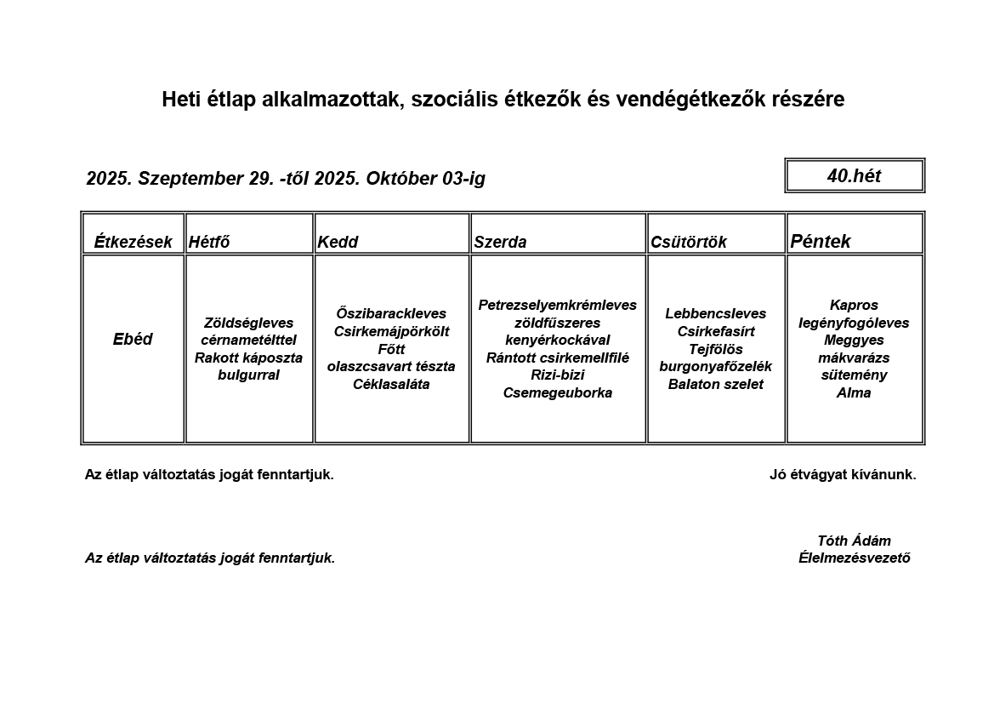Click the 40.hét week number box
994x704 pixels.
pyautogui.click(x=854, y=176)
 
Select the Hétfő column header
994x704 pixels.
pyautogui.click(x=209, y=242)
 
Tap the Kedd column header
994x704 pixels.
pyautogui.click(x=338, y=242)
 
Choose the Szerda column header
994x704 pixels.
pyautogui.click(x=500, y=242)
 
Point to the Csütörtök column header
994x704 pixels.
pyautogui.click(x=689, y=242)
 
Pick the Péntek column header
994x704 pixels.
pyautogui.click(x=821, y=241)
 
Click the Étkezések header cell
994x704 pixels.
pyautogui.click(x=133, y=242)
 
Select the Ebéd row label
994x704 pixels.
pyautogui.click(x=133, y=339)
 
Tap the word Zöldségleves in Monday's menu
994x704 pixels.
pyautogui.click(x=248, y=323)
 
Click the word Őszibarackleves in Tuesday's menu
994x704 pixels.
pyautogui.click(x=391, y=314)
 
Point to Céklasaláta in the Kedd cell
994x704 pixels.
pyautogui.click(x=391, y=384)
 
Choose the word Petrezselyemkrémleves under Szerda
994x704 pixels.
pyautogui.click(x=557, y=305)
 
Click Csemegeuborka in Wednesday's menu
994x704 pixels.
pyautogui.click(x=557, y=392)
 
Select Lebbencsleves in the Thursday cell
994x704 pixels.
pyautogui.click(x=715, y=313)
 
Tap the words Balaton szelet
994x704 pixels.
pyautogui.click(x=715, y=384)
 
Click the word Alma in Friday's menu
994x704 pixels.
pyautogui.click(x=854, y=392)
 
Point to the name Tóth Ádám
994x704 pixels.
pyautogui.click(x=854, y=541)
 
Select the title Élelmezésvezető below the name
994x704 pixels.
pyautogui.click(x=854, y=558)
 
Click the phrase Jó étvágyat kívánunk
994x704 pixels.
pyautogui.click(x=843, y=475)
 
